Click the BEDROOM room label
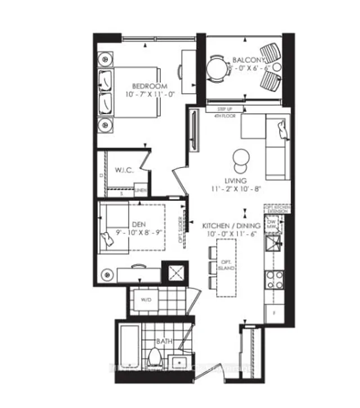(x=150, y=86)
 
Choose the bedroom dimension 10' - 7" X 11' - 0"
(x=150, y=95)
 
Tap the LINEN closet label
(x=141, y=191)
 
